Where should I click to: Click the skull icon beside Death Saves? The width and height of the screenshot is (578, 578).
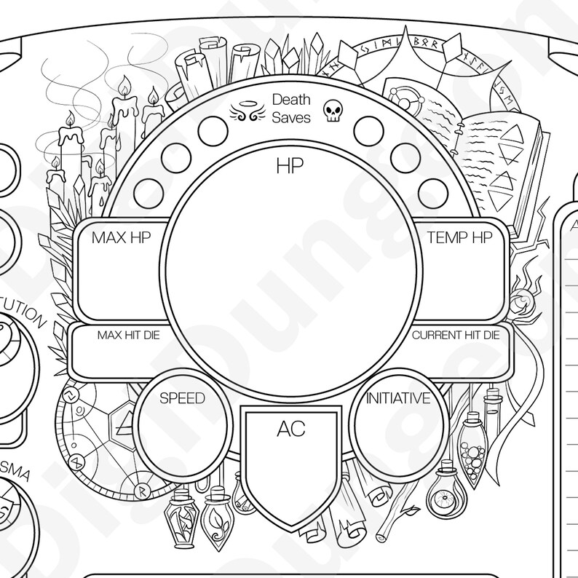[x=332, y=111]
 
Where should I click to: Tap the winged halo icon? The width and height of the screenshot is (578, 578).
[x=245, y=111]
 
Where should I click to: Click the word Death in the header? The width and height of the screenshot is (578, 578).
[x=290, y=99]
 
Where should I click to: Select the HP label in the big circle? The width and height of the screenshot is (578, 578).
[x=289, y=166]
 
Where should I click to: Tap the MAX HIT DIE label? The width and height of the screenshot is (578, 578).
[x=128, y=336]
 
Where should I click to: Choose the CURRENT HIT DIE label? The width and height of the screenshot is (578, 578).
[x=456, y=336]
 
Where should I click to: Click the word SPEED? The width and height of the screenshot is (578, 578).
[x=182, y=398]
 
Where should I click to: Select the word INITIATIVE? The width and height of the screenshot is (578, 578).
[x=397, y=398]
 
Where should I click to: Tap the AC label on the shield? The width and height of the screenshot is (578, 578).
[x=290, y=429]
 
